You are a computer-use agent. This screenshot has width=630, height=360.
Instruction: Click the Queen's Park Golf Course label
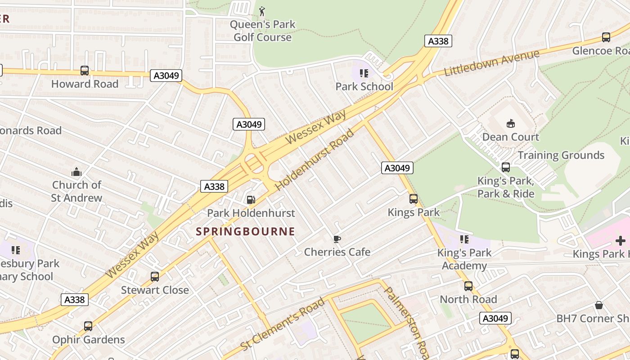tap(263, 31)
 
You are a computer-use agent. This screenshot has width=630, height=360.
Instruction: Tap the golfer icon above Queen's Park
tap(262, 11)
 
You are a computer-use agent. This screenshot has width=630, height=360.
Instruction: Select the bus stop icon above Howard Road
tap(85, 71)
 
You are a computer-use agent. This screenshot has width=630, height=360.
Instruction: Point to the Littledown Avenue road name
tap(491, 63)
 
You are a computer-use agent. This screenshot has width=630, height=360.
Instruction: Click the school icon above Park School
tap(364, 73)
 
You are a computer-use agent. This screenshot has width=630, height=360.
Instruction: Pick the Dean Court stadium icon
tap(511, 123)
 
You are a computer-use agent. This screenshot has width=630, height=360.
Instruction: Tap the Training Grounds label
tap(561, 155)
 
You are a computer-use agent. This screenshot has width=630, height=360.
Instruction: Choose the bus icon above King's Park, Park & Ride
tap(506, 167)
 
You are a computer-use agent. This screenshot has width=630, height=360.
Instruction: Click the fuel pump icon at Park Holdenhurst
tap(251, 199)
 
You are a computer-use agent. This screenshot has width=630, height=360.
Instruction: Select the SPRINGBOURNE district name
tap(246, 232)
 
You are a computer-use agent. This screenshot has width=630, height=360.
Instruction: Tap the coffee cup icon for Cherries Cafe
tap(337, 238)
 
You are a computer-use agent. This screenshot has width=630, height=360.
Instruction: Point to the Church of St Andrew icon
tap(76, 171)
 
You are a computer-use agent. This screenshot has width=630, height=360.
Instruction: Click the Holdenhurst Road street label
tap(315, 159)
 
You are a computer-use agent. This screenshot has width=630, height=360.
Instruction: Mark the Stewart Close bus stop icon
tap(155, 277)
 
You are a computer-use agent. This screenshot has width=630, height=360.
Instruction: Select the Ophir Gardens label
tap(89, 340)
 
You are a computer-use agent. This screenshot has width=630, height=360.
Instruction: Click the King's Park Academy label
tap(464, 259)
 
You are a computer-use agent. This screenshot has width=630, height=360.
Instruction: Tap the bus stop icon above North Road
tap(468, 286)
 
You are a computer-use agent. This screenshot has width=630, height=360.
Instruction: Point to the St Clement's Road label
tap(283, 324)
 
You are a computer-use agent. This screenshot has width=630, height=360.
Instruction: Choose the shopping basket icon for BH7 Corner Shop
tap(599, 305)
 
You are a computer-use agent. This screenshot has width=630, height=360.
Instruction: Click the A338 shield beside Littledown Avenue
tap(438, 41)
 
